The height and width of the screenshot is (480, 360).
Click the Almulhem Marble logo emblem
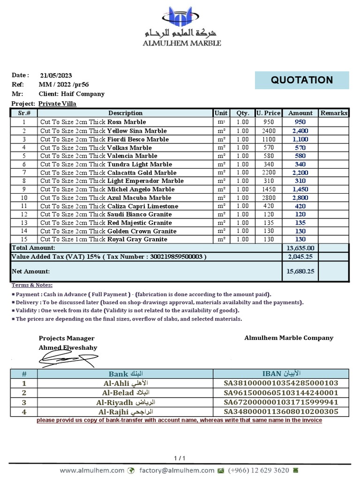[180, 18]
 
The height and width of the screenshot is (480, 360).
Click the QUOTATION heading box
[302, 80]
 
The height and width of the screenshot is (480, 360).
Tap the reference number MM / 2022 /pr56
[63, 85]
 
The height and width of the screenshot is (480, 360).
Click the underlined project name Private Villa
[57, 104]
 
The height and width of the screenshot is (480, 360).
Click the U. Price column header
[268, 113]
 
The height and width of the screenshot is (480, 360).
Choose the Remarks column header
[334, 113]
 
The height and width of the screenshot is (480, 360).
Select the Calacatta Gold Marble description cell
[125, 172]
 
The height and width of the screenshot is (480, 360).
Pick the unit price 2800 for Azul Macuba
[268, 198]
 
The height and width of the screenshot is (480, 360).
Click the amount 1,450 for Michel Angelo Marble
[300, 189]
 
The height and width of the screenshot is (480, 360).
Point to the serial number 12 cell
[24, 214]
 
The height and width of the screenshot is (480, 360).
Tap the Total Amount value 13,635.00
[300, 248]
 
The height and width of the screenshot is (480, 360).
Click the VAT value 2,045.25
[300, 257]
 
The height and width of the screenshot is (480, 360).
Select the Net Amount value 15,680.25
[300, 271]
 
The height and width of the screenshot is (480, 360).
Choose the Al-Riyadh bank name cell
[125, 402]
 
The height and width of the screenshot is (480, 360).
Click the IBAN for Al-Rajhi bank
[281, 412]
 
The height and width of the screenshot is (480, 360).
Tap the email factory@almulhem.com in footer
[176, 470]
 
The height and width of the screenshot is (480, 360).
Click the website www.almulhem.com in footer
[92, 470]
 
